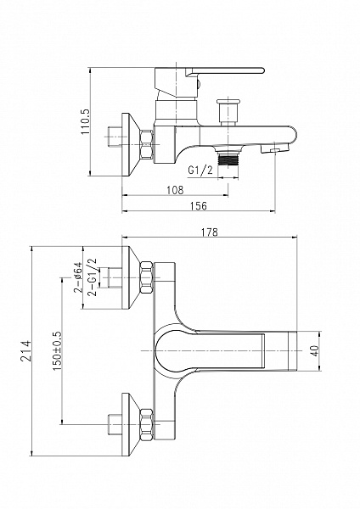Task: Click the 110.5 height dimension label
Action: pyautogui.click(x=86, y=121)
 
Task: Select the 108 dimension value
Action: pyautogui.click(x=175, y=190)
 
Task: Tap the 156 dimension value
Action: pyautogui.click(x=198, y=206)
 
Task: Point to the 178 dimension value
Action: pyautogui.click(x=210, y=232)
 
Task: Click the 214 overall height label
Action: pyautogui.click(x=25, y=350)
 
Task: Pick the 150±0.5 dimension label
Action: pyautogui.click(x=57, y=351)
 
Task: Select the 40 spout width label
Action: pyautogui.click(x=315, y=351)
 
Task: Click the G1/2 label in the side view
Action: pyautogui.click(x=200, y=170)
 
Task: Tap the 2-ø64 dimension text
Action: pyautogui.click(x=78, y=277)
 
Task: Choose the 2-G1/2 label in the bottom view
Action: pyautogui.click(x=93, y=277)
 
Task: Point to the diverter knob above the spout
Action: pyautogui.click(x=228, y=111)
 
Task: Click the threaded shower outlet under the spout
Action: pyautogui.click(x=228, y=159)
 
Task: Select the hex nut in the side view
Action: pyautogui.click(x=146, y=144)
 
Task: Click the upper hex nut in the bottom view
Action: pyautogui.click(x=146, y=277)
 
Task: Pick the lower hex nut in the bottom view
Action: pyautogui.click(x=146, y=424)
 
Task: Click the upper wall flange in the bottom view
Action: pyautogui.click(x=131, y=277)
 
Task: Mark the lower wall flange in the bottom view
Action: pyautogui.click(x=131, y=424)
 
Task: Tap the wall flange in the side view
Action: pyautogui.click(x=131, y=144)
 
